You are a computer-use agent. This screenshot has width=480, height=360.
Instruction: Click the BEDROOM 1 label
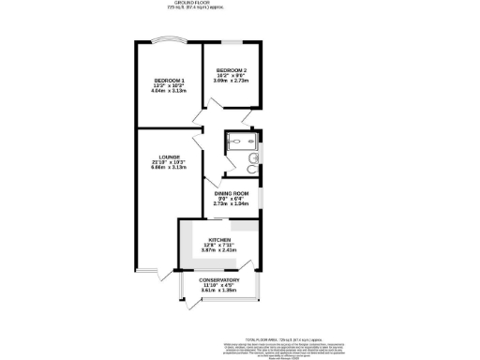tap(169, 81)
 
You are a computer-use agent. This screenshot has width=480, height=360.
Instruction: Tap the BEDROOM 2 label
tap(232, 70)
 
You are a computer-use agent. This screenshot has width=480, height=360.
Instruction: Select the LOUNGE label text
tap(169, 157)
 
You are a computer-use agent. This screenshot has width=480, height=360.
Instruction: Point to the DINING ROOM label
tap(232, 193)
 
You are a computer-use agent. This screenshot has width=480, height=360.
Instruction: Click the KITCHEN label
tap(219, 241)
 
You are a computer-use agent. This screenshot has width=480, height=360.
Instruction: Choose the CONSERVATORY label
tap(219, 280)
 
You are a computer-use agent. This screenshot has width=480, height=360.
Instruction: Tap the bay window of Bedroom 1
tap(169, 40)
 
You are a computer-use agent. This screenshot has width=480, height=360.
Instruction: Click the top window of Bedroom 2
tap(232, 43)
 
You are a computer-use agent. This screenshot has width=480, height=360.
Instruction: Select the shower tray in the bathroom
tap(234, 143)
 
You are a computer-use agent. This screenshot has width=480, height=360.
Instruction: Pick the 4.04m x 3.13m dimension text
tap(169, 92)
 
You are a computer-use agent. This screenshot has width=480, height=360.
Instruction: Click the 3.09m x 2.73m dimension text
tap(232, 82)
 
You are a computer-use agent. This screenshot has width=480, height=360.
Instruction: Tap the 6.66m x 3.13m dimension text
tap(169, 169)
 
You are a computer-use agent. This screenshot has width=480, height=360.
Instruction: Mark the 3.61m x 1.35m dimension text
tap(219, 292)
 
